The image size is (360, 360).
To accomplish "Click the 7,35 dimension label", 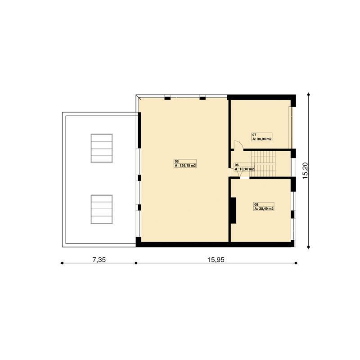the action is click(99, 260).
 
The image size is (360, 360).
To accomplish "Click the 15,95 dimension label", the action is click(216, 260).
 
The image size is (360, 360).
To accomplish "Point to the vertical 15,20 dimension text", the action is click(305, 171).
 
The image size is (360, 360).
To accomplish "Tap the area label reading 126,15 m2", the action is click(185, 165).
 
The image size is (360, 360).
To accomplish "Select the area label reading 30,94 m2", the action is click(262, 139).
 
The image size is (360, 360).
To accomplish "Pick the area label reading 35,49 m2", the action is click(264, 209).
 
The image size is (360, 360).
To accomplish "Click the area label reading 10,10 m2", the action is click(244, 169).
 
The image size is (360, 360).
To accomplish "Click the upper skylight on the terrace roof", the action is click(102, 148).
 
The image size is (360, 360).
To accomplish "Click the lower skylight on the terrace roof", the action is click(102, 209).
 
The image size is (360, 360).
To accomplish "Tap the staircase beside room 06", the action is click(263, 164).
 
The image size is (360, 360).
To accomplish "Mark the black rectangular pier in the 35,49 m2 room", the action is click(234, 210).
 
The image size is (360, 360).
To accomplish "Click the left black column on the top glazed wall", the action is click(167, 98).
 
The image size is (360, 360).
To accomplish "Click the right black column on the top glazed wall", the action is click(202, 98).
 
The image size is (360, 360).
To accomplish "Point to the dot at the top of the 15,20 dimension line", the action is click(309, 94).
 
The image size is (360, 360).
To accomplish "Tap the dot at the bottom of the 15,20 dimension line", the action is click(309, 247).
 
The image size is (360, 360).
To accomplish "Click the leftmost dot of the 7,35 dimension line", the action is click(62, 263).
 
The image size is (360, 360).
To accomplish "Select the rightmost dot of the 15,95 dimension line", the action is click(296, 263).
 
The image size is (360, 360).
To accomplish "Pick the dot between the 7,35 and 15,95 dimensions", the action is click(136, 263).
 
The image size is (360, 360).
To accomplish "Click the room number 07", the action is click(254, 135).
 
